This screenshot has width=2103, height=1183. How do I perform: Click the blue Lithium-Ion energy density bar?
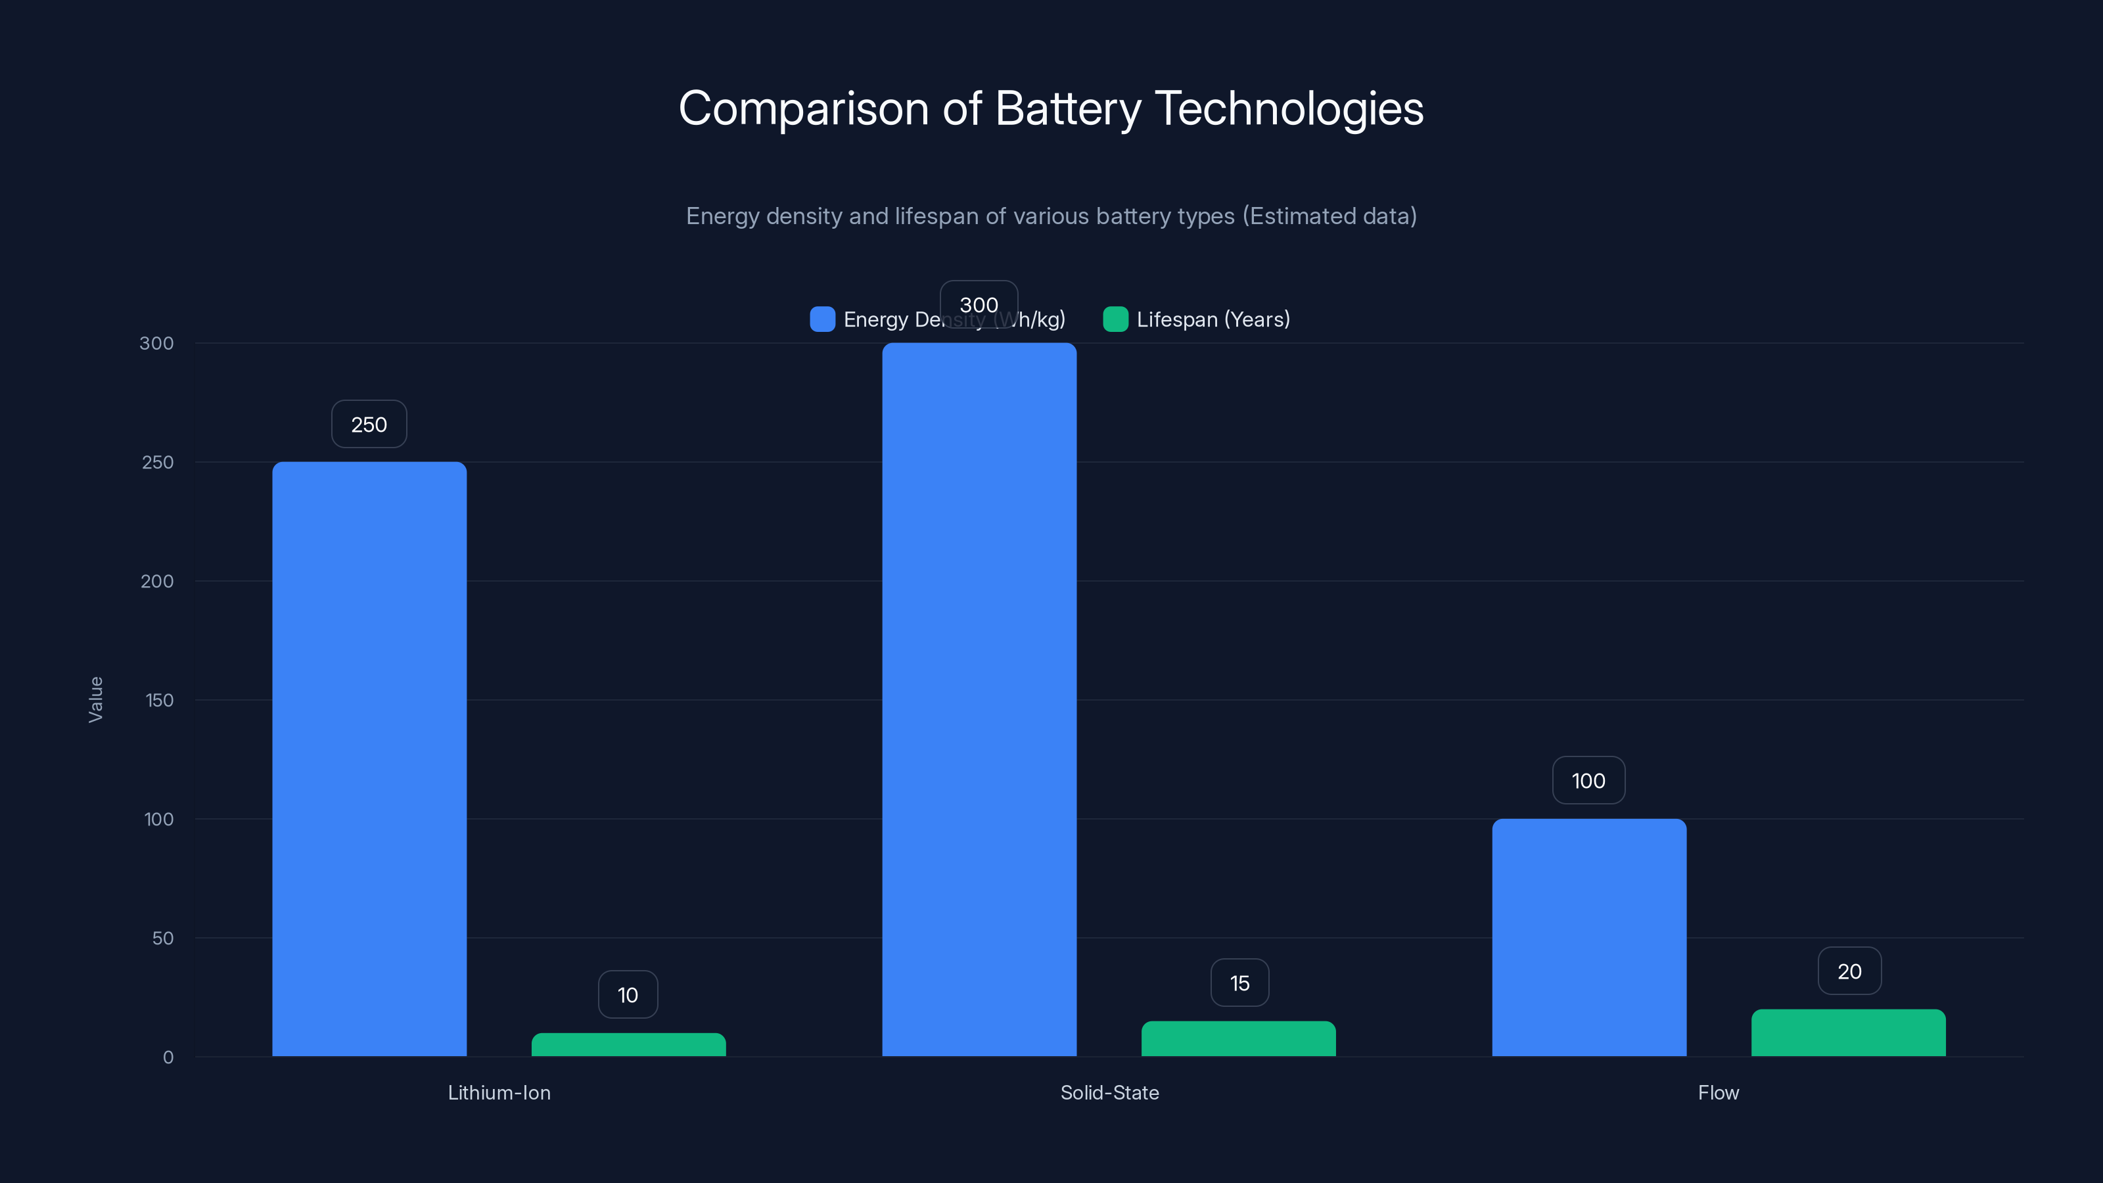pos(369,759)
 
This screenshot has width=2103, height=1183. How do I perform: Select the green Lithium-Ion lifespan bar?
pos(629,1045)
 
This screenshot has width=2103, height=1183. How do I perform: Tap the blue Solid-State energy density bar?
pos(979,700)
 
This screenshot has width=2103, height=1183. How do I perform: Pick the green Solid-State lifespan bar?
pos(1238,1038)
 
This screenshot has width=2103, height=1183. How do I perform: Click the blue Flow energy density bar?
pos(1588,937)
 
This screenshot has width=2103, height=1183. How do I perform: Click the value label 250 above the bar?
pos(369,425)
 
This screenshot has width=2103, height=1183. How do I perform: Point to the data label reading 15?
pos(1239,983)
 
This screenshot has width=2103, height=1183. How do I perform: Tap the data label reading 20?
pos(1849,971)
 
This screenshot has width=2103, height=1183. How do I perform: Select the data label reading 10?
pos(628,995)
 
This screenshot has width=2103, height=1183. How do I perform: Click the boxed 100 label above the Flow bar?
pos(1588,781)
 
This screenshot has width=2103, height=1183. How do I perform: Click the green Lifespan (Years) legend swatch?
pos(1115,319)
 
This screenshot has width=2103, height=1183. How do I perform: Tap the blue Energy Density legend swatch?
pos(822,319)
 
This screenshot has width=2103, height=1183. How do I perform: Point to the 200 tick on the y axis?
pos(157,581)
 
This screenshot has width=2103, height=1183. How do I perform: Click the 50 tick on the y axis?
pos(162,938)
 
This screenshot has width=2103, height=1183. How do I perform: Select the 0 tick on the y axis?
pos(168,1057)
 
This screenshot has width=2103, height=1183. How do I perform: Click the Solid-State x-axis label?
pos(1109,1092)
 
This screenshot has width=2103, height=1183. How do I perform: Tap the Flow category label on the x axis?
pos(1718,1092)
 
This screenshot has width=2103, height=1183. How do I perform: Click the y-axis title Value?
pos(95,700)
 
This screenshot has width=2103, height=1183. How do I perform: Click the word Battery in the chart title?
pos(1068,108)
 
